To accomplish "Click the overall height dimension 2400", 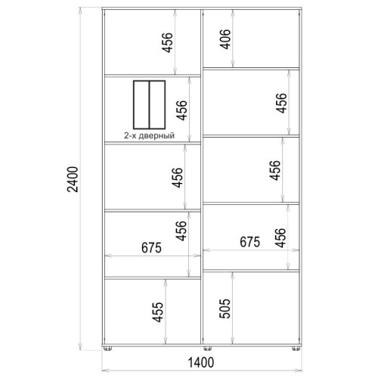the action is click(x=73, y=179).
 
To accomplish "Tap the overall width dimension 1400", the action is click(x=201, y=363).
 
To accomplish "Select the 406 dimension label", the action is click(x=225, y=39).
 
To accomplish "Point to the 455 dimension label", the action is click(x=158, y=312).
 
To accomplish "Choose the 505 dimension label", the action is click(x=225, y=308).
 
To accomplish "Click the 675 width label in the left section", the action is click(x=151, y=248).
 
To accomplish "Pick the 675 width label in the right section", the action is click(x=249, y=242).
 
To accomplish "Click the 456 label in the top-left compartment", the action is click(x=167, y=42).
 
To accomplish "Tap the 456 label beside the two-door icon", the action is click(x=181, y=110).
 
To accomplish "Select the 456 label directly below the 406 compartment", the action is click(x=281, y=103).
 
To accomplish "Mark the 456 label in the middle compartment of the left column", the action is click(x=177, y=178).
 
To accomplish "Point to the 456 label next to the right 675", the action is click(x=280, y=238).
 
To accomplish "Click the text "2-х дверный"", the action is click(x=149, y=135).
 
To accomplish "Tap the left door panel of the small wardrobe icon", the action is click(x=141, y=104).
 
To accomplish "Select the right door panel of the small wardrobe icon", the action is click(x=157, y=104).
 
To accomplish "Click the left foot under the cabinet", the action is click(x=108, y=349).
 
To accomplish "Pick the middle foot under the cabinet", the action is click(x=207, y=349).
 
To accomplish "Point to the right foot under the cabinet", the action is click(x=296, y=349).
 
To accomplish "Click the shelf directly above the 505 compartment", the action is click(x=251, y=271).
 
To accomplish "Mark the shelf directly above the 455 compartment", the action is click(x=153, y=277).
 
